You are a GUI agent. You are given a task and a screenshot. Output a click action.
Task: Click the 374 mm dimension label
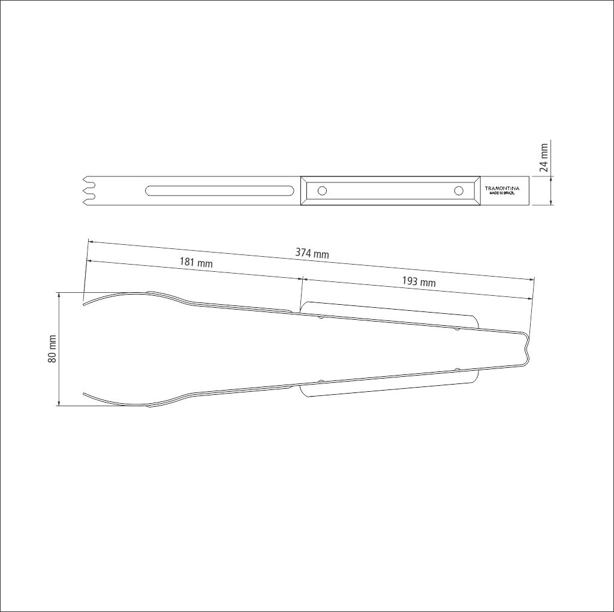click(x=312, y=254)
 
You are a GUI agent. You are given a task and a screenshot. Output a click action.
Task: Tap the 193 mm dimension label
click(x=419, y=282)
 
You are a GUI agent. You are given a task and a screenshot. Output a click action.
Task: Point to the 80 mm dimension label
click(x=52, y=349)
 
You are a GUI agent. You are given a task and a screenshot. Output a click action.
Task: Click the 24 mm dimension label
click(x=544, y=158)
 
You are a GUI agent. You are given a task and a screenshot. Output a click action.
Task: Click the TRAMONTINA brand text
click(x=502, y=188)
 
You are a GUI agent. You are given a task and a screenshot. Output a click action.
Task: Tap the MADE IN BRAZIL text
click(x=502, y=194)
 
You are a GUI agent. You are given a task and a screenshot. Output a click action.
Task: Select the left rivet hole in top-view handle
click(x=322, y=191)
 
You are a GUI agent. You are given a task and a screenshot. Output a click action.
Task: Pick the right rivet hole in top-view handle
click(x=459, y=191)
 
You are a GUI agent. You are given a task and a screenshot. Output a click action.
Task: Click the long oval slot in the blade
click(x=218, y=191)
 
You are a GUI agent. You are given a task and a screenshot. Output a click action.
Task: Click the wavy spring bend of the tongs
click(x=526, y=349)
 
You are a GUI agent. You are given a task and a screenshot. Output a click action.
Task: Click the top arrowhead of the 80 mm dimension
click(x=59, y=295)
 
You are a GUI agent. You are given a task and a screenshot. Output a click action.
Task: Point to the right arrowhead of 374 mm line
click(x=531, y=279)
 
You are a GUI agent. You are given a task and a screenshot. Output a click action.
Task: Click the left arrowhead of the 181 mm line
click(x=89, y=261)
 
